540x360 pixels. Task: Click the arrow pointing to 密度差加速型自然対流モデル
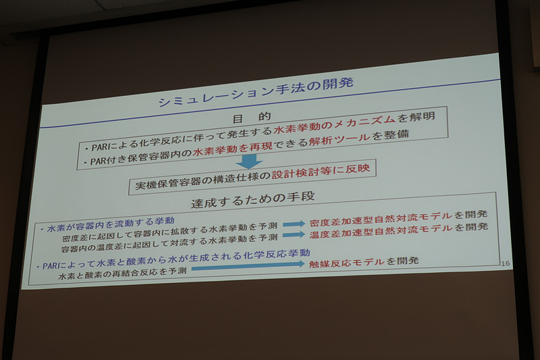click(x=294, y=224)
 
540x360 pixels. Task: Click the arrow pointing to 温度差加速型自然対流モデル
click(x=294, y=235)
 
